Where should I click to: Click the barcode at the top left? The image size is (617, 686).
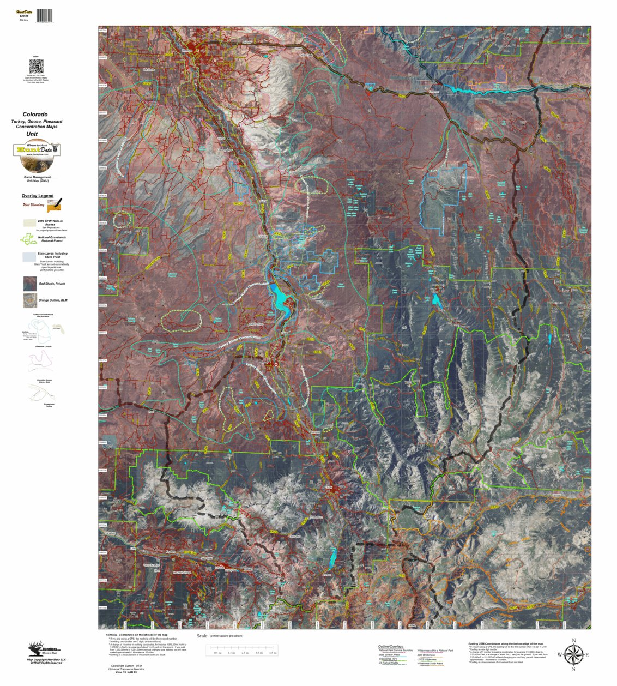point(45,16)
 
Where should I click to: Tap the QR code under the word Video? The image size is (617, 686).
point(36,67)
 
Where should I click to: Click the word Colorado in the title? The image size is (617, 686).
point(35,115)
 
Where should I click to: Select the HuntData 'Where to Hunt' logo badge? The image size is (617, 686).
point(37,150)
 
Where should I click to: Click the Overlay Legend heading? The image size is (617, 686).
point(38,196)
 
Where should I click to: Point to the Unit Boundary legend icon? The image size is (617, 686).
point(54,205)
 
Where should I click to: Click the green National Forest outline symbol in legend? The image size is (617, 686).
point(28,239)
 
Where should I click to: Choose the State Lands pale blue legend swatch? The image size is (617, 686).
point(29,256)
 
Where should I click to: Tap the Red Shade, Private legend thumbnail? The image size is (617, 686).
point(30,284)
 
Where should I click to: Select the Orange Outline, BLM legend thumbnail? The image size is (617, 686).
point(30,300)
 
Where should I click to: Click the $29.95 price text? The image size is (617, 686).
point(23,16)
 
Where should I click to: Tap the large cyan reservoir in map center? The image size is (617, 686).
point(282,302)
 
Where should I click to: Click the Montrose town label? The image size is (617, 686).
point(188,50)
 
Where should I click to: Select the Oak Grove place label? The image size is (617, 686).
point(148,70)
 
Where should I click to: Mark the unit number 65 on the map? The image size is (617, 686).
point(404,327)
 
